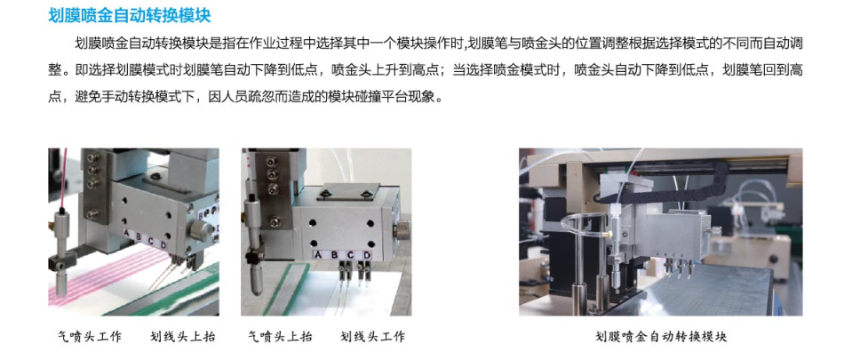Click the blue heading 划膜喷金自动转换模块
tap(129, 15)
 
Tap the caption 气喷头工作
tap(90, 338)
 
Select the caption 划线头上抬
tap(183, 338)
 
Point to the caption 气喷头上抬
tap(280, 338)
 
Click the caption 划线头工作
tap(372, 338)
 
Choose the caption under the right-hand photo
tap(661, 338)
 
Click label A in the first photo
tap(126, 234)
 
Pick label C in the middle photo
tap(350, 254)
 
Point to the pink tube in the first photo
tap(64, 178)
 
